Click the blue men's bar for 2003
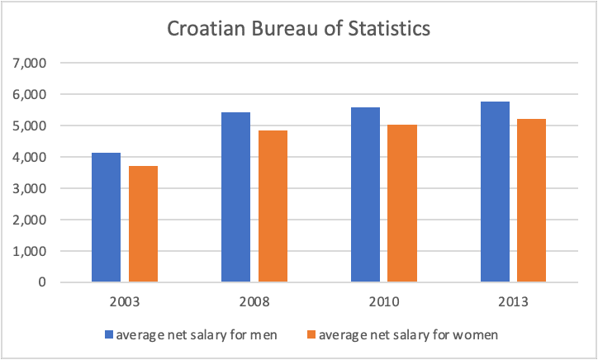pyautogui.click(x=107, y=218)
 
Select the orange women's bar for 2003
pyautogui.click(x=143, y=225)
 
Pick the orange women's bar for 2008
pyautogui.click(x=273, y=206)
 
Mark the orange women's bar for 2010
pyautogui.click(x=402, y=204)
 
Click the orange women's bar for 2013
pyautogui.click(x=531, y=201)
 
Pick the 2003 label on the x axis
pyautogui.click(x=125, y=302)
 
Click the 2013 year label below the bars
pyautogui.click(x=513, y=302)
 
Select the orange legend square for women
pyautogui.click(x=311, y=335)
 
